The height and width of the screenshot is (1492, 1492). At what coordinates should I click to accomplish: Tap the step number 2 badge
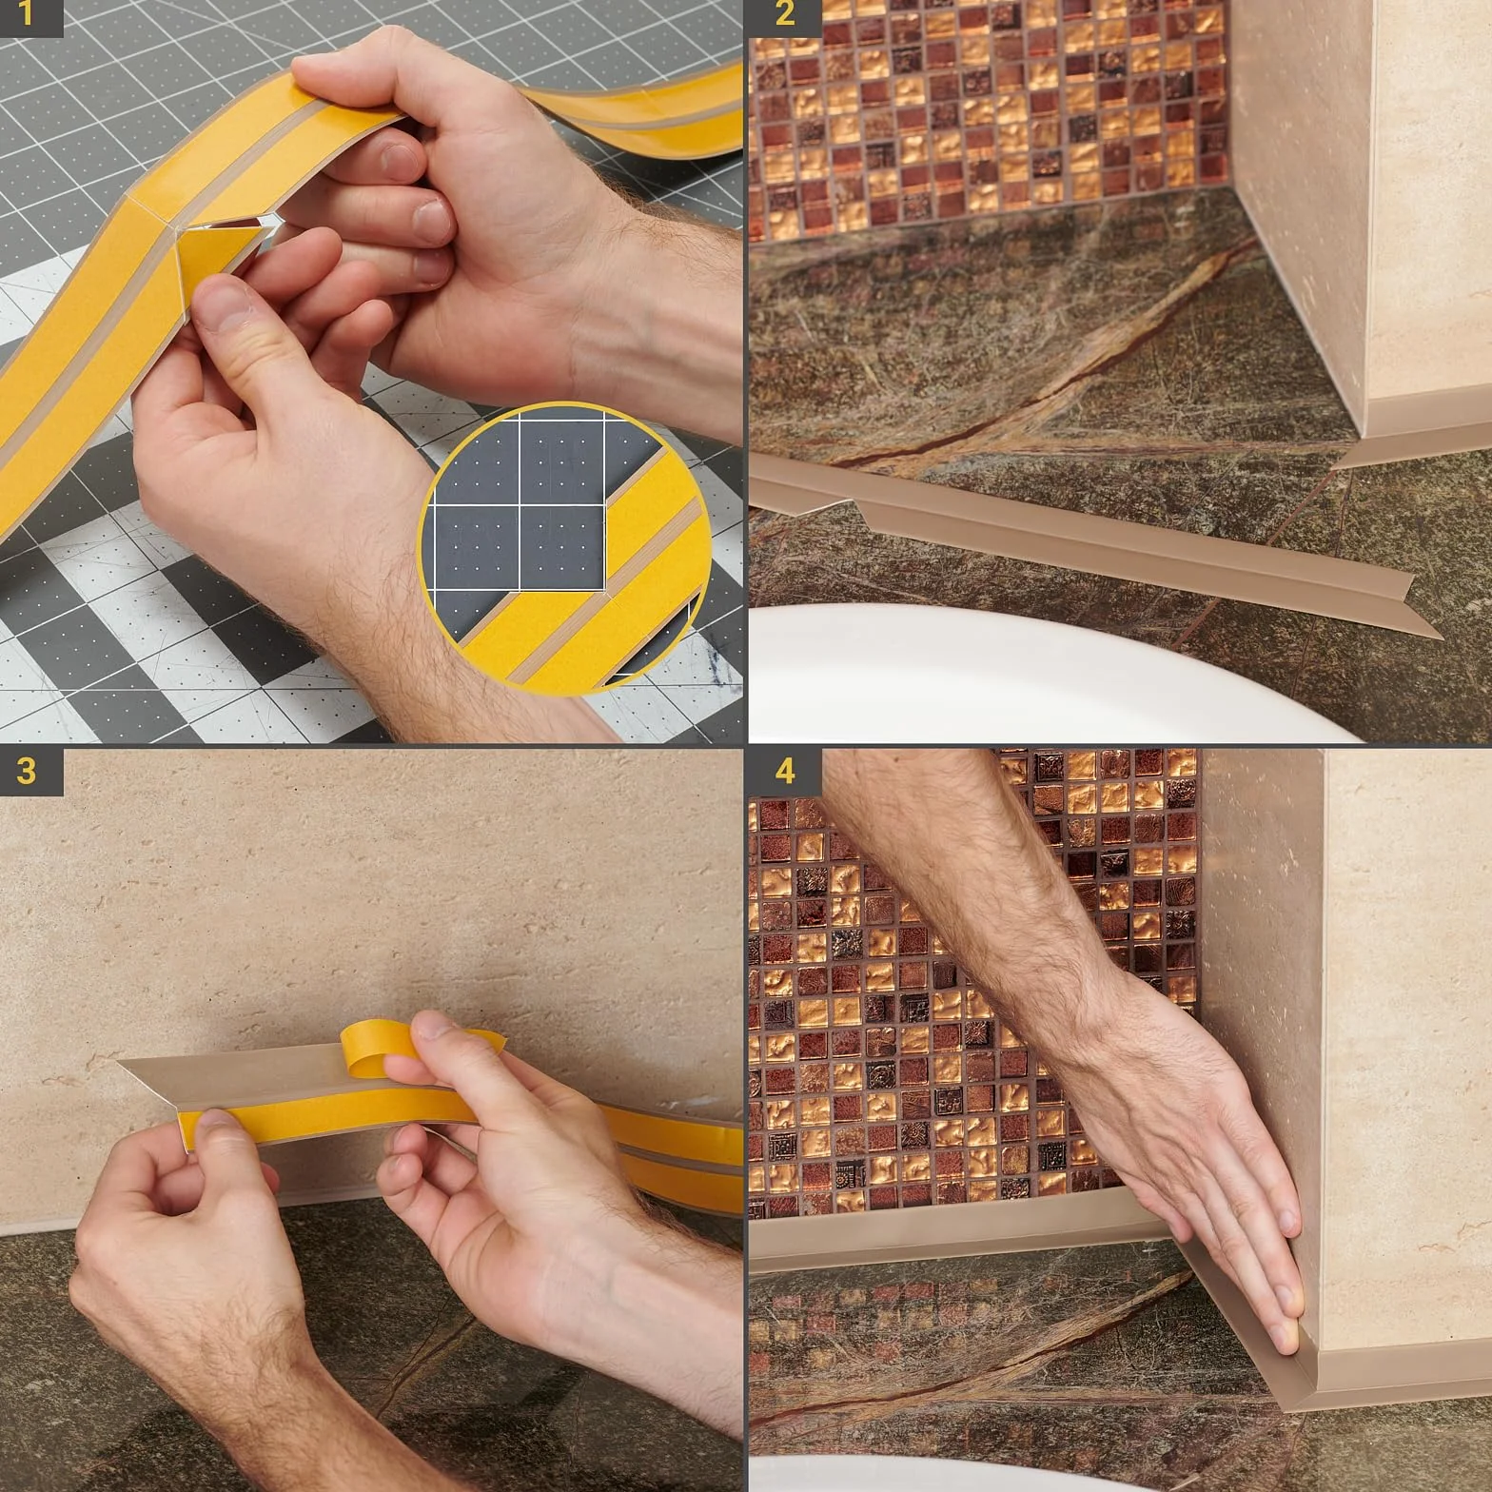[x=782, y=17]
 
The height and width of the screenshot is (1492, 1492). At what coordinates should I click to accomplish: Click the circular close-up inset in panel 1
[x=566, y=549]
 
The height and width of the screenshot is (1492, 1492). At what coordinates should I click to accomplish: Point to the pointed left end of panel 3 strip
[x=119, y=1062]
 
